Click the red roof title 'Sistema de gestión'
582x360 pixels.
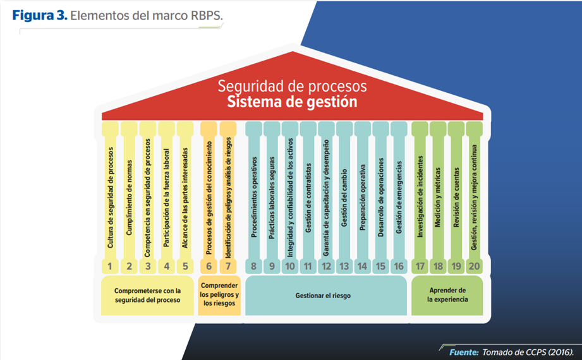coord(292,102)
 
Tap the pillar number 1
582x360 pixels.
coord(110,266)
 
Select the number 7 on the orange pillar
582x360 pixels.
coord(228,266)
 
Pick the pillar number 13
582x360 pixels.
coord(344,266)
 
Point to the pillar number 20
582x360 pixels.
coord(474,266)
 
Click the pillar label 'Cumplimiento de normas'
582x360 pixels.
coord(129,198)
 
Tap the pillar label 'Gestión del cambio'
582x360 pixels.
coord(344,198)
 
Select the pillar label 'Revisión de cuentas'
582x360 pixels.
coord(456,197)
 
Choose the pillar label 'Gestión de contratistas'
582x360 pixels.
coord(308,198)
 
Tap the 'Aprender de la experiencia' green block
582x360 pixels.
coord(447,296)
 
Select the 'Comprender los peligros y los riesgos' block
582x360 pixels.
coord(219,295)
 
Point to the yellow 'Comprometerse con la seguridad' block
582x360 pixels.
coord(147,296)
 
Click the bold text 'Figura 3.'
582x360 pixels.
coord(40,16)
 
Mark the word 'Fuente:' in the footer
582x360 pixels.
coord(464,352)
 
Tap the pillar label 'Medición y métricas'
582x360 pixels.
coord(438,197)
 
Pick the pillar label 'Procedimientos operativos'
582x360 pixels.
coord(254,197)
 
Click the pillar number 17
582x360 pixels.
coord(420,266)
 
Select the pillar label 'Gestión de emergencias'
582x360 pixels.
coord(399,197)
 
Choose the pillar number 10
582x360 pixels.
coord(290,266)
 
